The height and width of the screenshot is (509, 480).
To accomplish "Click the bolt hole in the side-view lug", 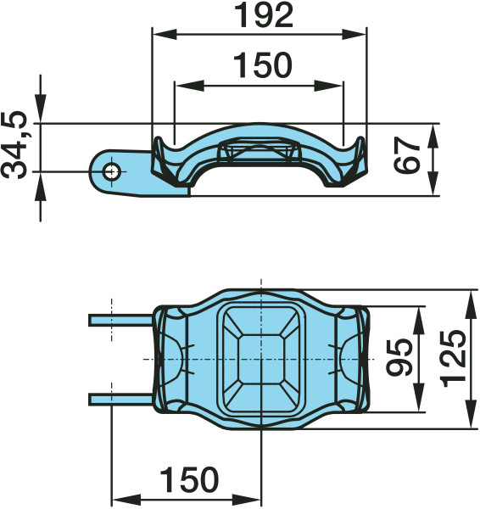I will coord(111,171).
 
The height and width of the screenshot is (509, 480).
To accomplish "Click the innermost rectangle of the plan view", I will coord(261,360).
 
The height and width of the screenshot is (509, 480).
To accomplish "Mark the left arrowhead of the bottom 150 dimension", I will coord(120,499).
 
